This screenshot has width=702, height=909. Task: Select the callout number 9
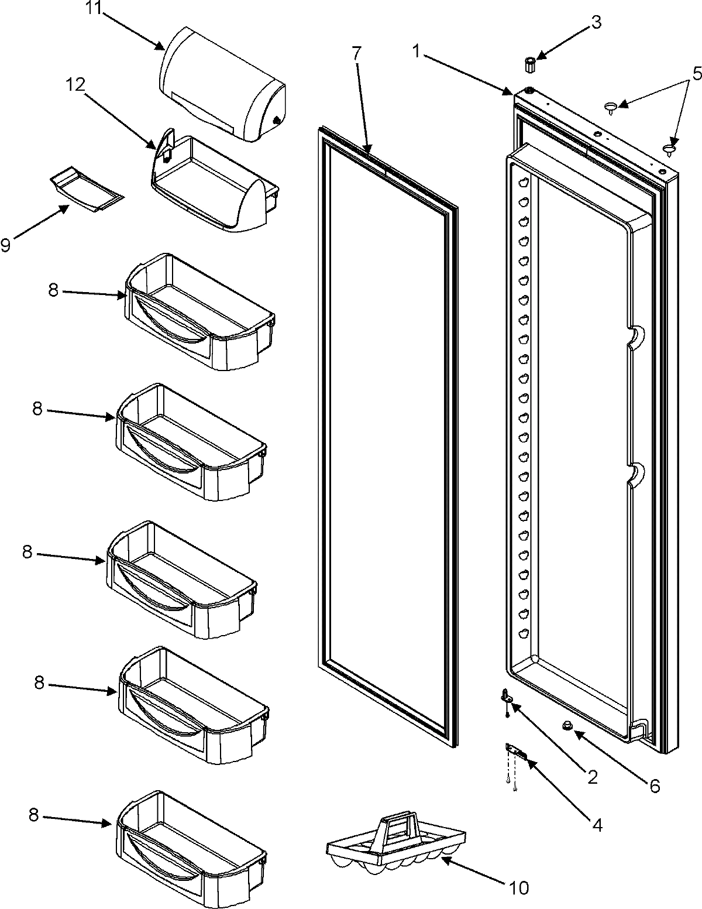[6, 245]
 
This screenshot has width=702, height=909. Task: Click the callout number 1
[417, 53]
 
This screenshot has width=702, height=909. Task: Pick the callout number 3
[596, 24]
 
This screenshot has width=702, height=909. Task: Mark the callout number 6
[653, 785]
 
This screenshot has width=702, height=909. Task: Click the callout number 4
[596, 826]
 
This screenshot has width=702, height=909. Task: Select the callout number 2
[591, 777]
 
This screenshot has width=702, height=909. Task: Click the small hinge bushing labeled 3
[531, 65]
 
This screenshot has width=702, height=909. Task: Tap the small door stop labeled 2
[507, 696]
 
